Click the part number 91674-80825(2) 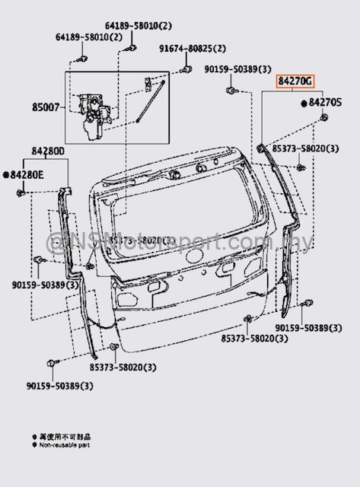pyautogui.click(x=193, y=49)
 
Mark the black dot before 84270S pyautogui.click(x=305, y=102)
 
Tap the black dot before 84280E pyautogui.click(x=5, y=175)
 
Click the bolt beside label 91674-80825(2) pyautogui.click(x=185, y=72)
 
